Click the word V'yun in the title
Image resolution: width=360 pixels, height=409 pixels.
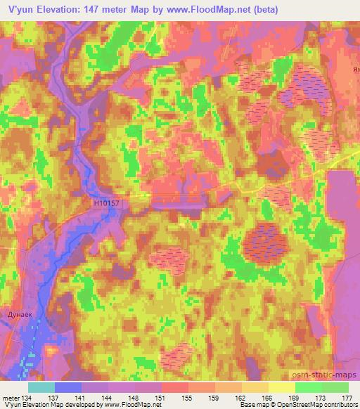coord(21,10)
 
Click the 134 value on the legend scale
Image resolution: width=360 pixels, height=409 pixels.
coord(29,397)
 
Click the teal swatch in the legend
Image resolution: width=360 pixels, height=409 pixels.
coord(41,387)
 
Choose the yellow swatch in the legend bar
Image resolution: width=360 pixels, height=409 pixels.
coord(282,387)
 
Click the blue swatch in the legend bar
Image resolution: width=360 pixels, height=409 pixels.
coord(68,387)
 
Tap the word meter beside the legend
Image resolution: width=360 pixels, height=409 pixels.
coord(11,397)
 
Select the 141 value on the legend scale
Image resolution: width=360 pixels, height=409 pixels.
coord(82,397)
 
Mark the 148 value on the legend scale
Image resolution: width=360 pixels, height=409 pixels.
coord(135,397)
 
